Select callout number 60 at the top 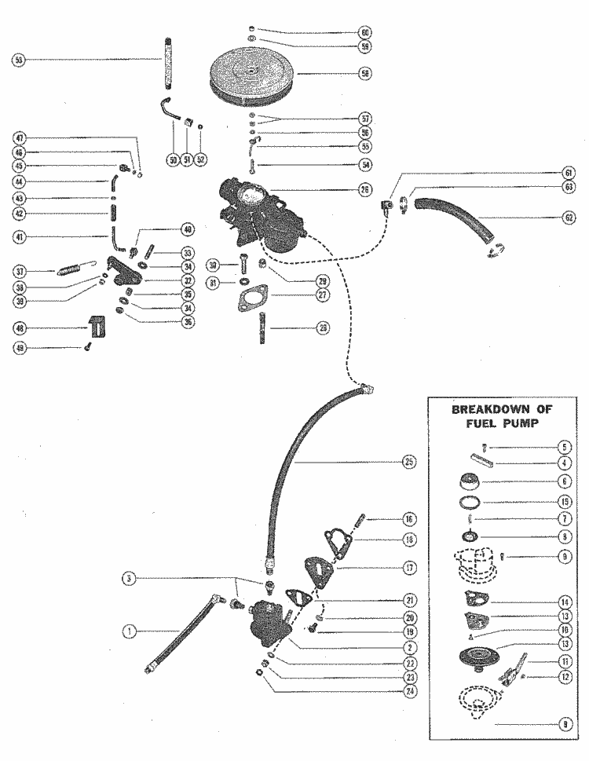(x=364, y=33)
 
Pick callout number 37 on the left (x=19, y=272)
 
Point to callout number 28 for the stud (x=322, y=328)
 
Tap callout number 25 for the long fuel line (x=408, y=462)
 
